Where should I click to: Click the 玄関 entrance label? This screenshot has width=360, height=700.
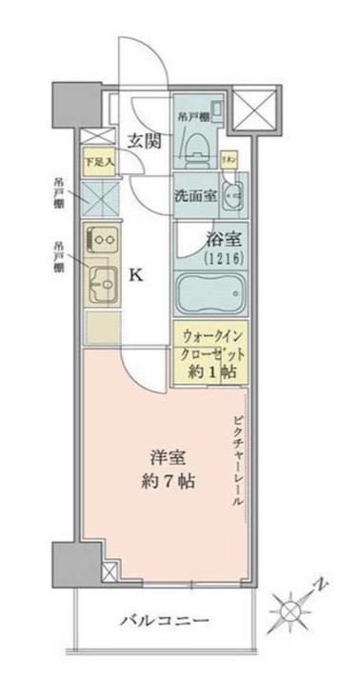pos(145,141)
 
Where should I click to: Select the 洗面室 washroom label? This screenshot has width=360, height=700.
pos(194,196)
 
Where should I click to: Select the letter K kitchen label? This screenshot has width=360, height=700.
pos(136,275)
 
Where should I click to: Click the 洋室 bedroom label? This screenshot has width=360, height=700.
pos(165,455)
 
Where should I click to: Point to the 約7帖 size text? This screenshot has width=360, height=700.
pos(165,481)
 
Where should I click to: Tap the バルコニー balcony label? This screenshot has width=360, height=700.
pos(165,620)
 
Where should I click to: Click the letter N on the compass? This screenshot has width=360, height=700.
pos(324,580)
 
